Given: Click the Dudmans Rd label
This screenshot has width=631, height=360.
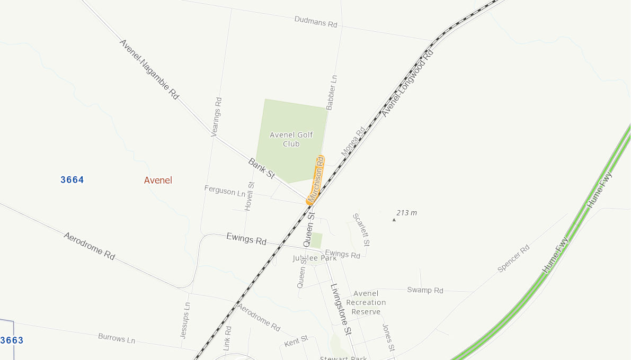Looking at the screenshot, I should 316,22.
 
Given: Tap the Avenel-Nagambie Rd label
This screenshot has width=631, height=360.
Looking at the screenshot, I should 149,69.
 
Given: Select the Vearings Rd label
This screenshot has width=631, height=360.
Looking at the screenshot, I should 217,117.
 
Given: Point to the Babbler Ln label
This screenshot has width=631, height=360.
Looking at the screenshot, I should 332,92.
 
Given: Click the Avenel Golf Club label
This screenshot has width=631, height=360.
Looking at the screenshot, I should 291,139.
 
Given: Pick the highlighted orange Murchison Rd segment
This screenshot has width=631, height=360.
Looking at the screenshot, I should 316,179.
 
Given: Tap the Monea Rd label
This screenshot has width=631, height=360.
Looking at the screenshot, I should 353,141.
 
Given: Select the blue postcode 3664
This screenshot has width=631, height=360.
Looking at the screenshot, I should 72,180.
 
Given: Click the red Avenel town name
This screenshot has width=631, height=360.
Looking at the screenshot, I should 158,181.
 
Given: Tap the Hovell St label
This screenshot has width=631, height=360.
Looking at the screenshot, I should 250,196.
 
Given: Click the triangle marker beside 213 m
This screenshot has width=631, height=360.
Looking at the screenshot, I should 394,219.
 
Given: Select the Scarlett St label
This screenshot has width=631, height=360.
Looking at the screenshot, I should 361,230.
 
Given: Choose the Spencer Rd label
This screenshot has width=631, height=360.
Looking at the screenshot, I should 513,258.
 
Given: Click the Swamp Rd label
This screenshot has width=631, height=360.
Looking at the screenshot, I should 425,290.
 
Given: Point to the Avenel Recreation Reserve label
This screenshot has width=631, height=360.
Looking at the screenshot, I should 366,302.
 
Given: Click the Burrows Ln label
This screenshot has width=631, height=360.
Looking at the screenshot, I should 117,338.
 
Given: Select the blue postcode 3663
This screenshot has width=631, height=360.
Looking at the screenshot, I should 12,340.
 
